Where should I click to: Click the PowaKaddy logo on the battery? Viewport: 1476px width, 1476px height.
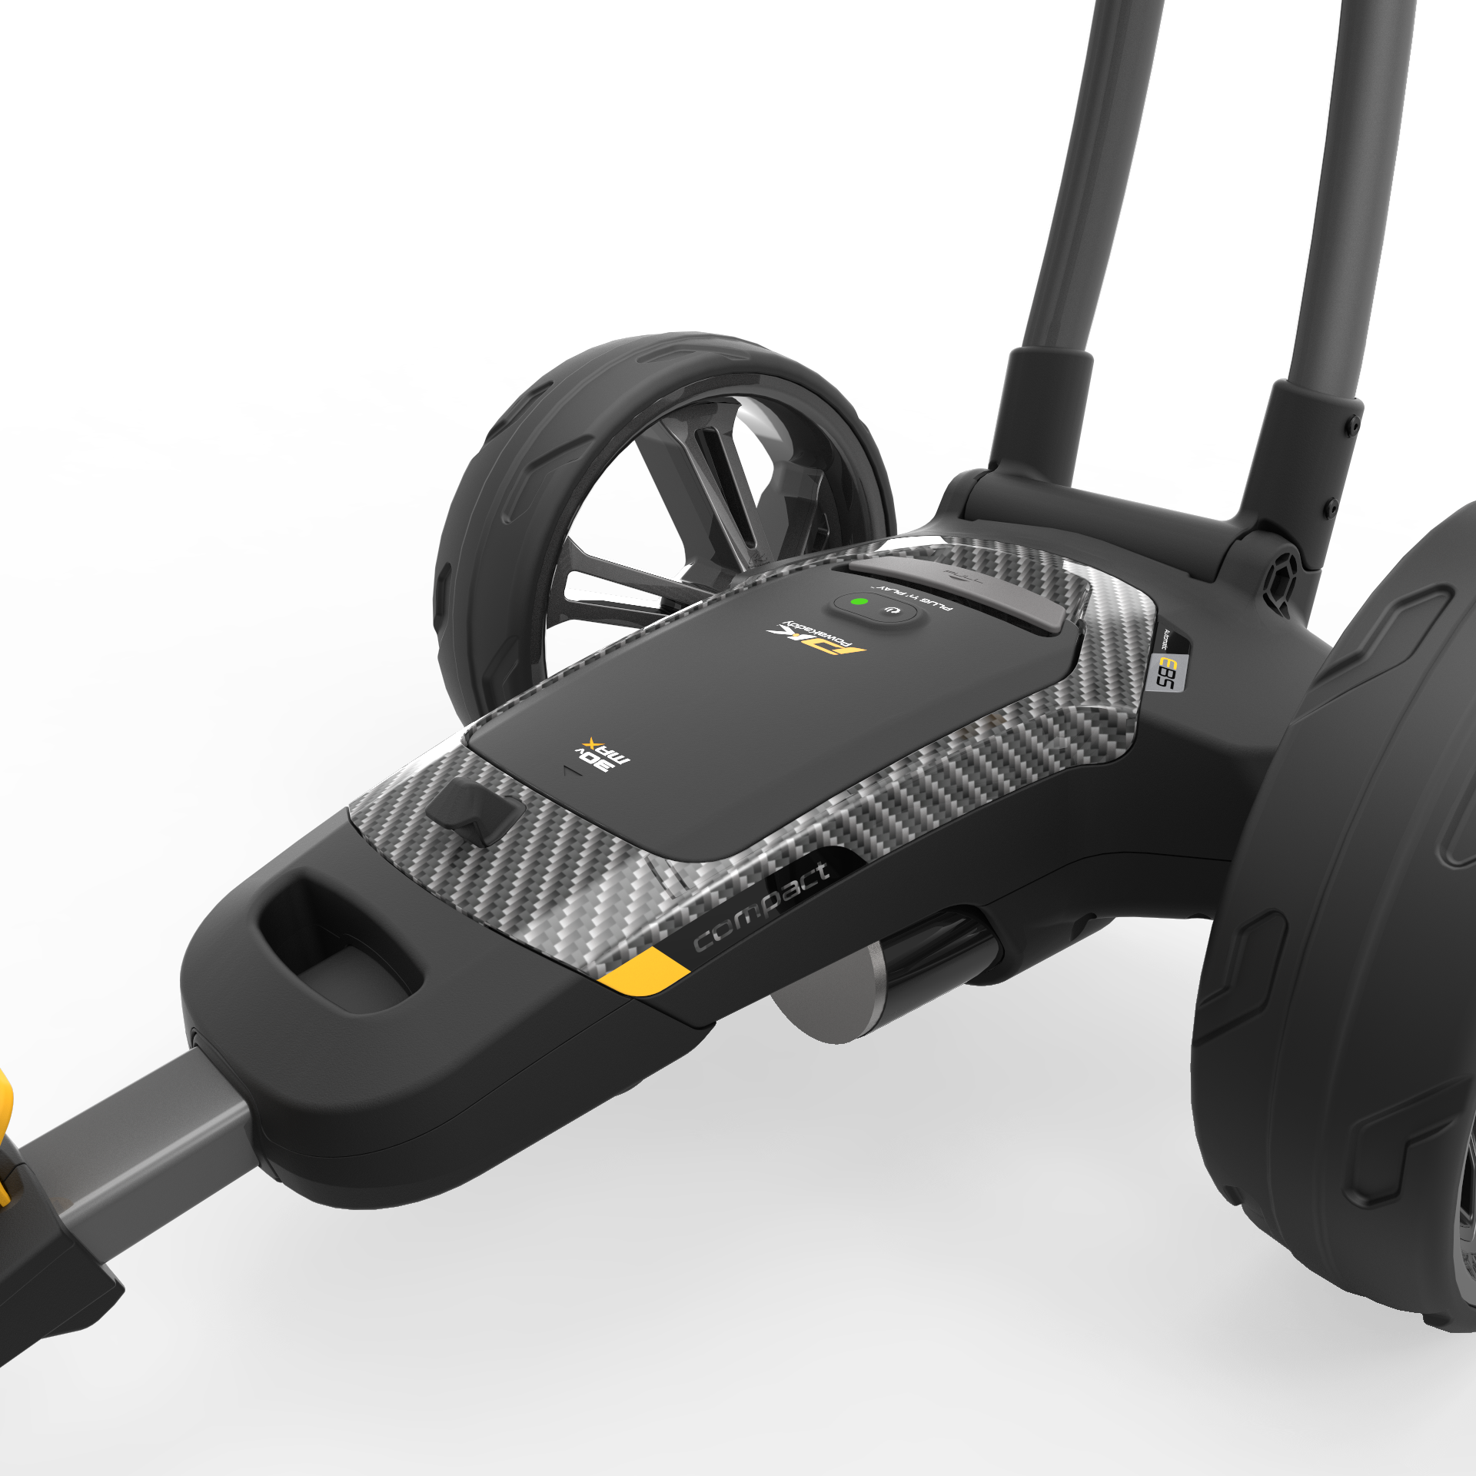click(816, 637)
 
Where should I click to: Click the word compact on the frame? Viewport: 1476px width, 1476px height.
click(761, 906)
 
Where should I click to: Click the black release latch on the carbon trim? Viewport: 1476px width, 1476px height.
click(474, 812)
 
